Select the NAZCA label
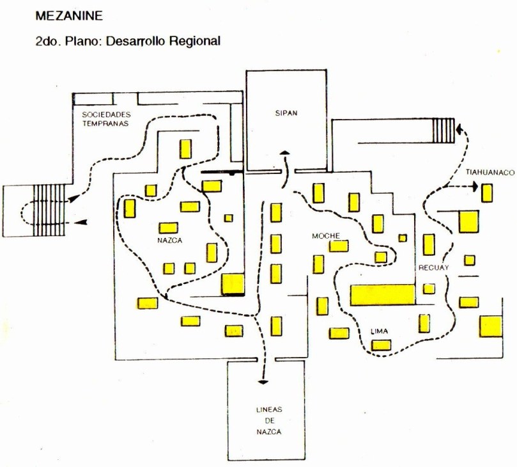click(x=169, y=241)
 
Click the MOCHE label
click(x=325, y=235)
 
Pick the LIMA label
click(x=381, y=331)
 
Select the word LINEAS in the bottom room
click(x=268, y=409)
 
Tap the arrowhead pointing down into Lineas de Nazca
click(x=263, y=382)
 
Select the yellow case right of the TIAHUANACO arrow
click(x=488, y=192)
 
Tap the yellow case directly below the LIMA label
click(x=382, y=345)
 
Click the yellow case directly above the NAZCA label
click(x=169, y=227)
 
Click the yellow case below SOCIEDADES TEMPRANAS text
click(x=186, y=149)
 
